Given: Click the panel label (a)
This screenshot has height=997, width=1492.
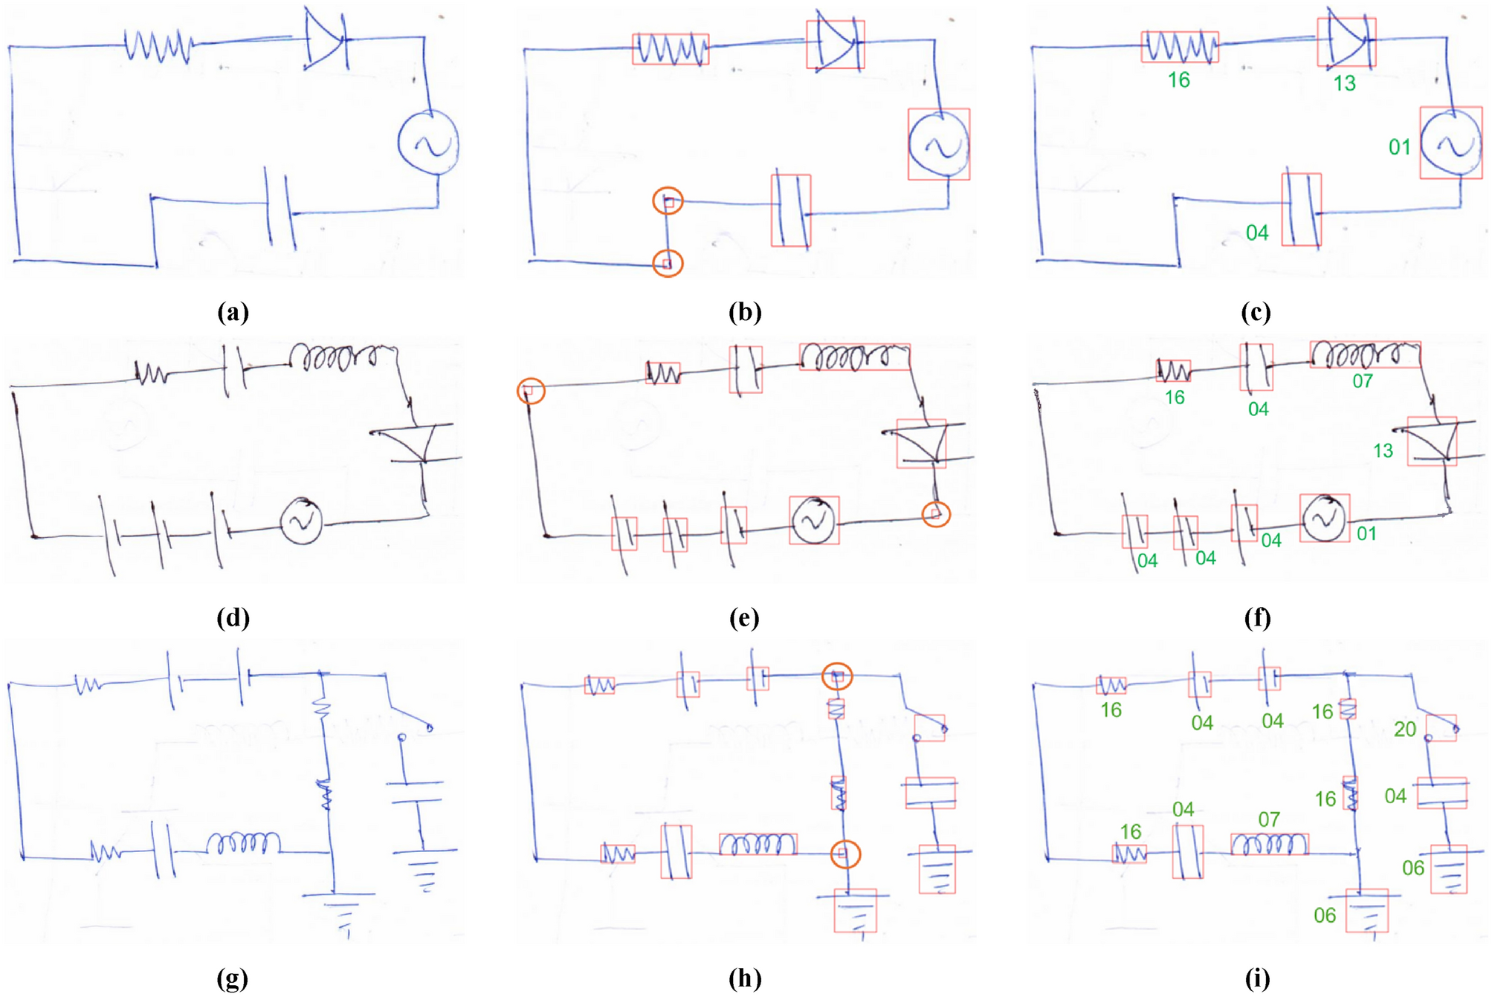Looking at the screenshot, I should [x=233, y=312].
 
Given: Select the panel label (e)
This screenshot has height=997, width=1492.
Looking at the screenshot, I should [x=744, y=618].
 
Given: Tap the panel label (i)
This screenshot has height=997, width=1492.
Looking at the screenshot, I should [x=1257, y=979].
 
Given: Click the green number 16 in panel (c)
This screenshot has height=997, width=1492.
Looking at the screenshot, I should [x=1178, y=80].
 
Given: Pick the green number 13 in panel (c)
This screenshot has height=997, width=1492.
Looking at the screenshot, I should [x=1344, y=83].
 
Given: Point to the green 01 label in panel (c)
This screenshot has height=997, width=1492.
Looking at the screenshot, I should [x=1399, y=147].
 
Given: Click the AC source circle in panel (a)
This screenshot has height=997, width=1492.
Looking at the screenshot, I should [x=428, y=143].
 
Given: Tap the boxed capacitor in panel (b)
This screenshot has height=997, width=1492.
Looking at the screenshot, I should [x=790, y=211].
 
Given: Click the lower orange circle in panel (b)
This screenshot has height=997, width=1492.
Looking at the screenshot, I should [x=668, y=263].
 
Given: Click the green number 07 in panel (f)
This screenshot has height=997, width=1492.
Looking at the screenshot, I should [x=1362, y=381].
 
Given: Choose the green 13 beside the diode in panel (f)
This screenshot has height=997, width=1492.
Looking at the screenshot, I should [x=1383, y=450].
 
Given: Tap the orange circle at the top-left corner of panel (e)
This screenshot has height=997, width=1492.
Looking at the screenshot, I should [x=531, y=391].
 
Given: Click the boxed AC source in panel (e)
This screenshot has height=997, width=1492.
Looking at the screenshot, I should [x=814, y=520].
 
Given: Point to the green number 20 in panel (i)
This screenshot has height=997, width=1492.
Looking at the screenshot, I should [x=1404, y=729].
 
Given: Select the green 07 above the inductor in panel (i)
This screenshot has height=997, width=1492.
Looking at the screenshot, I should [x=1269, y=819].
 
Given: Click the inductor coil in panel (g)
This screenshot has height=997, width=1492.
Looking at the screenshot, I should [x=243, y=843].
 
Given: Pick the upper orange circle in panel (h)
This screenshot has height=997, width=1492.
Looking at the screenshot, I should [x=837, y=676].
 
